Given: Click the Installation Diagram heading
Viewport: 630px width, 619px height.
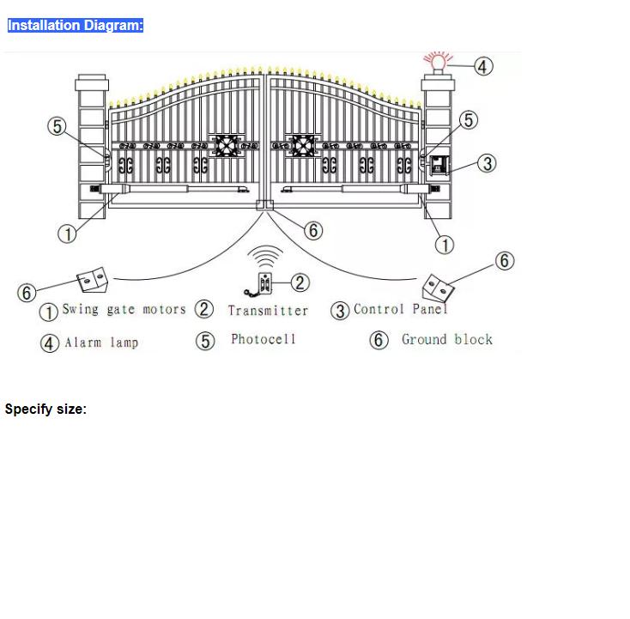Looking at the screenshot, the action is click(x=76, y=25).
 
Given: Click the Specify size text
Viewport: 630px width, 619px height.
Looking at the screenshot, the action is click(x=45, y=410).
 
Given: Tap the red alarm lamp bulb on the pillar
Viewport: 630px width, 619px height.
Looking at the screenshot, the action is click(x=438, y=63).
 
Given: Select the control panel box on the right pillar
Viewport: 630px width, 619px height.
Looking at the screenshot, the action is click(x=439, y=166).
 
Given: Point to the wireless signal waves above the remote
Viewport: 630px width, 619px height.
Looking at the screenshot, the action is click(x=264, y=257).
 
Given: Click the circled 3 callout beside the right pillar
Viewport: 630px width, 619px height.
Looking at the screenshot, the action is click(x=487, y=164).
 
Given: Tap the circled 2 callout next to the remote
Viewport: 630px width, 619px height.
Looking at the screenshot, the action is click(x=300, y=282).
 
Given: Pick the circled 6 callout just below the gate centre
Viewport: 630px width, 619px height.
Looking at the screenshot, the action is click(x=313, y=230).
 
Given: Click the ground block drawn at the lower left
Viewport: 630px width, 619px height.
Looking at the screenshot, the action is click(x=93, y=280).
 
